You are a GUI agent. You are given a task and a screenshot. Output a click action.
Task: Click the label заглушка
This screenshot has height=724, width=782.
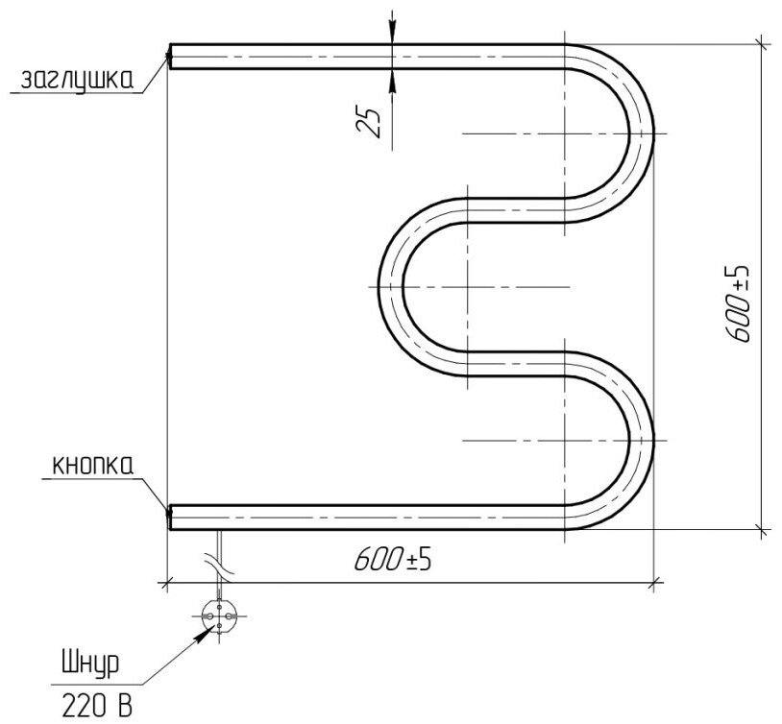[x=77, y=79]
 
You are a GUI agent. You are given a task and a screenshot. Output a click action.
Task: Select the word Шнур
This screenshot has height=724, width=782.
[x=90, y=664]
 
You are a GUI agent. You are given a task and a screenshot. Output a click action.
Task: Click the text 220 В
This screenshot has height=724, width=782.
[x=97, y=705]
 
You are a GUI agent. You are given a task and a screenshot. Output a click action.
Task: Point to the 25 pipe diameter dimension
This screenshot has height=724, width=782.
[x=369, y=122]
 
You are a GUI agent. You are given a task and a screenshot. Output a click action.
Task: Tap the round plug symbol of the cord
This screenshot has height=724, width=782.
[x=218, y=615]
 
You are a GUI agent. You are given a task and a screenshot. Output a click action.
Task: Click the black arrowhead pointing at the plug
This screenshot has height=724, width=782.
[x=203, y=635]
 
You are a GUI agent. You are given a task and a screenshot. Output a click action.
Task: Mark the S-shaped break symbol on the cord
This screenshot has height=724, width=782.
[x=219, y=566]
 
